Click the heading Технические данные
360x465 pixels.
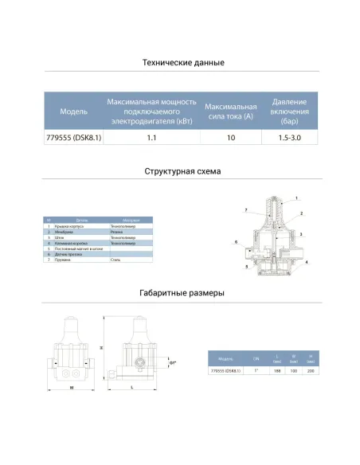pyautogui.click(x=183, y=62)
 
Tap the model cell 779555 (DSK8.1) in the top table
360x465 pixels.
pyautogui.click(x=74, y=139)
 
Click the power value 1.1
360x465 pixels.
pyautogui.click(x=151, y=139)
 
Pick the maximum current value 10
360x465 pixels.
pyautogui.click(x=230, y=139)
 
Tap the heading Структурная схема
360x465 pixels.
pyautogui.click(x=183, y=171)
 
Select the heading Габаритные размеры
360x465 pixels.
pyautogui.click(x=183, y=293)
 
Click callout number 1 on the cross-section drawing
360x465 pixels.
pyautogui.click(x=295, y=197)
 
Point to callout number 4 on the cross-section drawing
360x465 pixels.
pyautogui.click(x=307, y=262)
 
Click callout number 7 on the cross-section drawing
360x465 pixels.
pyautogui.click(x=247, y=209)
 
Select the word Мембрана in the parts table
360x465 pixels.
pyautogui.click(x=64, y=232)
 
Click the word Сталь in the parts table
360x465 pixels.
pyautogui.click(x=115, y=260)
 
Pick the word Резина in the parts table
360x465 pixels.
pyautogui.click(x=116, y=232)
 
